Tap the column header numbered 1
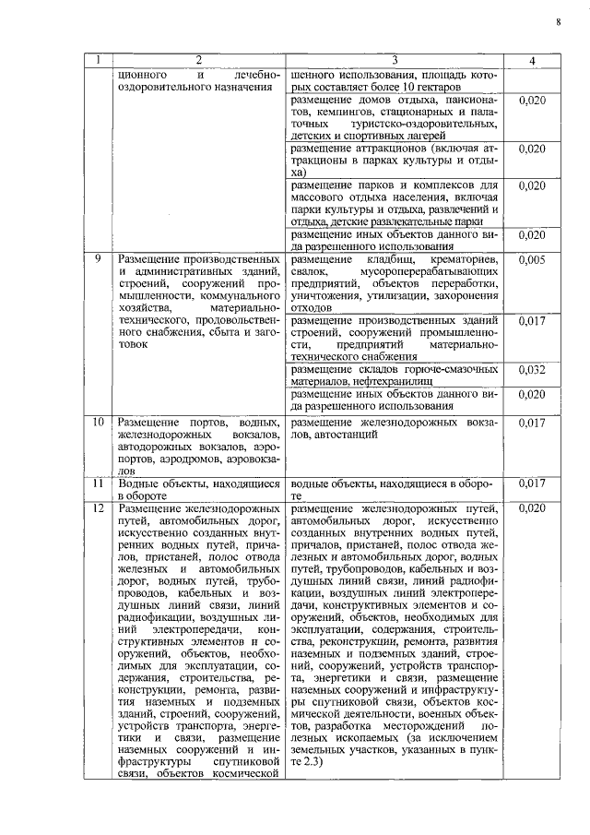(98, 60)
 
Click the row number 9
(98, 260)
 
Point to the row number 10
(98, 422)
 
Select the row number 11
(98, 483)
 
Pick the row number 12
(98, 508)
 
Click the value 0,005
(531, 260)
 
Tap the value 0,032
(531, 369)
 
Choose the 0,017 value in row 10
(531, 422)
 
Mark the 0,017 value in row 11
(531, 483)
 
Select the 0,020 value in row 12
(531, 508)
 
